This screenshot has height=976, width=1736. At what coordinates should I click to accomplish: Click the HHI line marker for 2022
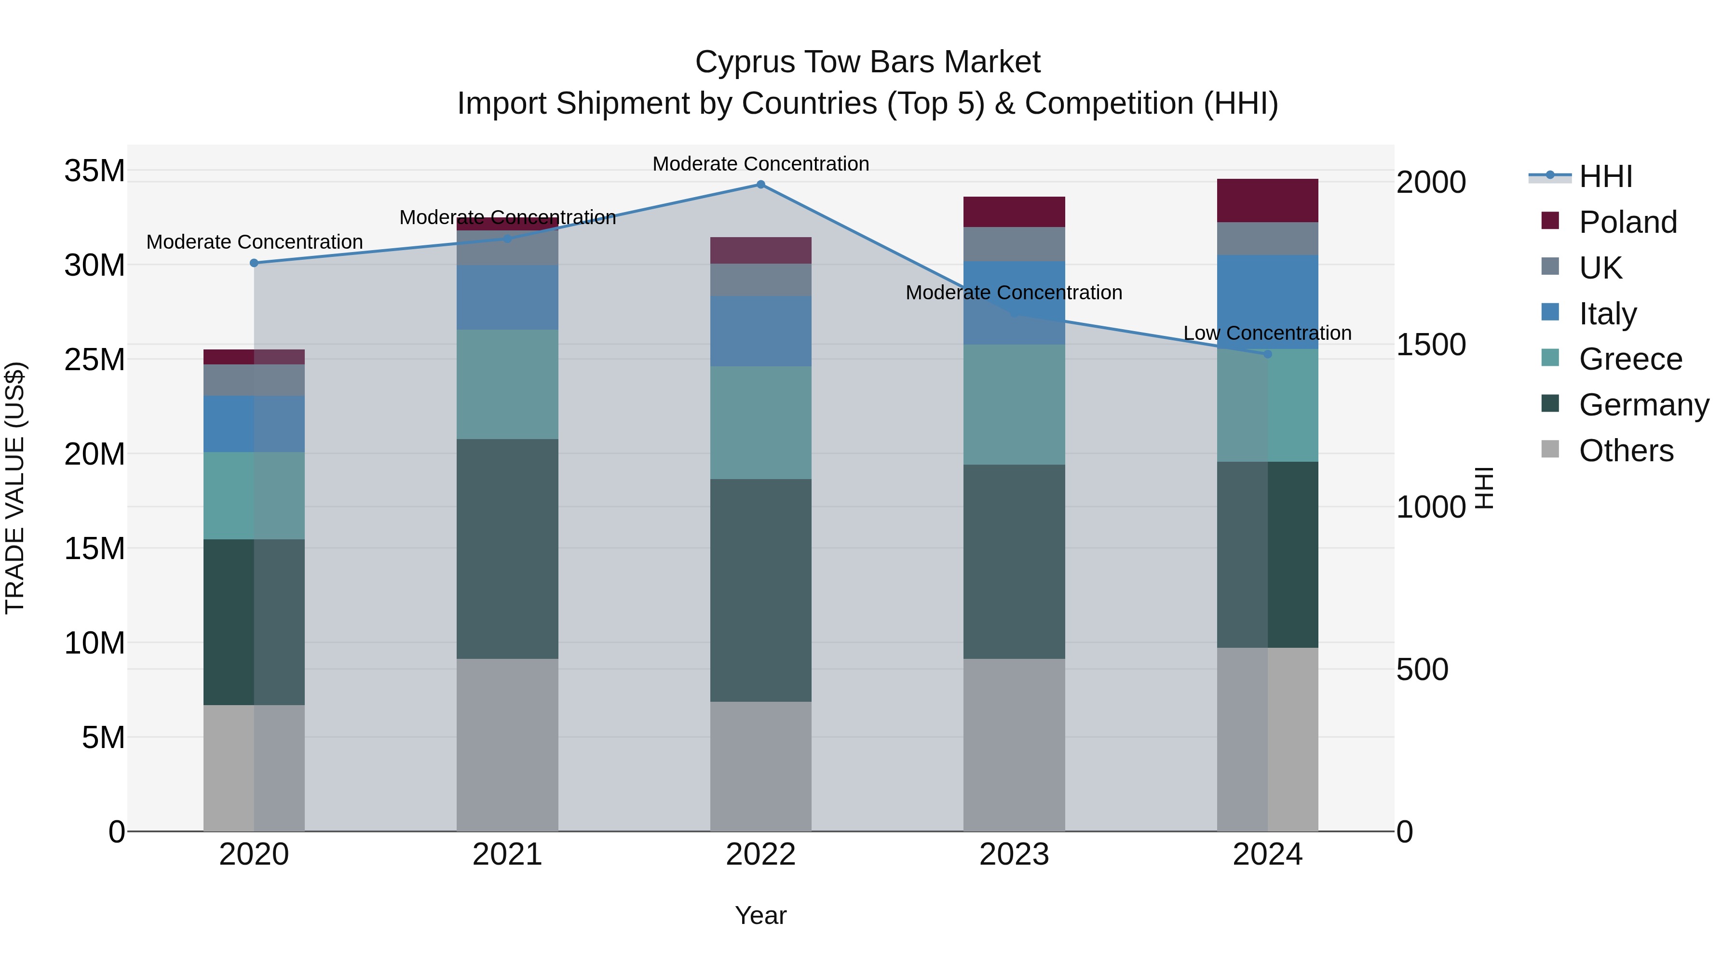(761, 185)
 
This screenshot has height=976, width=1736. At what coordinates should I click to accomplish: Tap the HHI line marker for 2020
(254, 263)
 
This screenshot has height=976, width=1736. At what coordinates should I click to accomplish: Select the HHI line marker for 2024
(1268, 354)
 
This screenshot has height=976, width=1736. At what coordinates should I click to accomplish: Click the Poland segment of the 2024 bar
(1268, 201)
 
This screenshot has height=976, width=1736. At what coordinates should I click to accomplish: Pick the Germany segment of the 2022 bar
(761, 591)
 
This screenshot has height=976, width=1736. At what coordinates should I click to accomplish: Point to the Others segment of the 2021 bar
(507, 745)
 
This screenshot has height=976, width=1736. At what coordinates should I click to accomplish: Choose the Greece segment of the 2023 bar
(1014, 405)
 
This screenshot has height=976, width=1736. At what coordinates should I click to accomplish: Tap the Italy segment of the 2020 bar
(254, 424)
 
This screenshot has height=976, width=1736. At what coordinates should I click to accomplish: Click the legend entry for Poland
(1627, 222)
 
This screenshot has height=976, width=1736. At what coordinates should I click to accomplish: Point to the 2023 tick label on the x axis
(1014, 855)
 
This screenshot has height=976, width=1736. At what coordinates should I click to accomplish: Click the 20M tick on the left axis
(95, 454)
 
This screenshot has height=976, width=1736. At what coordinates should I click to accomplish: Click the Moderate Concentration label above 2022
(761, 164)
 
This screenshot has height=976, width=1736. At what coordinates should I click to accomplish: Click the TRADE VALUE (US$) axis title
(15, 488)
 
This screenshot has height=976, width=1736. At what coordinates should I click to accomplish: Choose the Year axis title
(761, 915)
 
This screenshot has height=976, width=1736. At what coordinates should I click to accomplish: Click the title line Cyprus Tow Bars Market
(868, 62)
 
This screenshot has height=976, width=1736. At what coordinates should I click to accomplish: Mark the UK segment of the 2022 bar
(761, 280)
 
